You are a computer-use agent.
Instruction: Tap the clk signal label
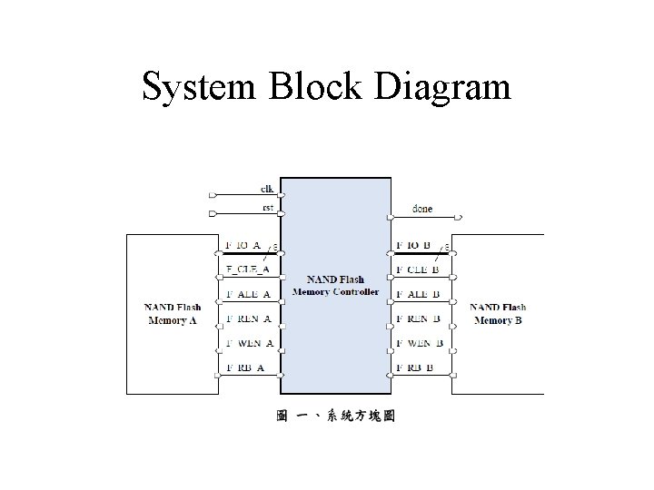pos(267,189)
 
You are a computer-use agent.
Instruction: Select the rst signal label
pos(267,207)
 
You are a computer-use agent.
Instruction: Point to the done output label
pos(422,208)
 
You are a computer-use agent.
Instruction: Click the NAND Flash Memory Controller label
pos(336,285)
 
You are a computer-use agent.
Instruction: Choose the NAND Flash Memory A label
pos(173,313)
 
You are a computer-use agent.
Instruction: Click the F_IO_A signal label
pos(243,245)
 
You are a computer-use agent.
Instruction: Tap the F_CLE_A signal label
pos(246,269)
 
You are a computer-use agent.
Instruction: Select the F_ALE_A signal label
pos(246,294)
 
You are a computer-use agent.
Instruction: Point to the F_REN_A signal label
pos(246,318)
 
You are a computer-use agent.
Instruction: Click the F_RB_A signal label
pos(244,367)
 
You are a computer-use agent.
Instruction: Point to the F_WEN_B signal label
pos(420,343)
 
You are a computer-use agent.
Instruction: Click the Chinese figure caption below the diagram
pos(335,416)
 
